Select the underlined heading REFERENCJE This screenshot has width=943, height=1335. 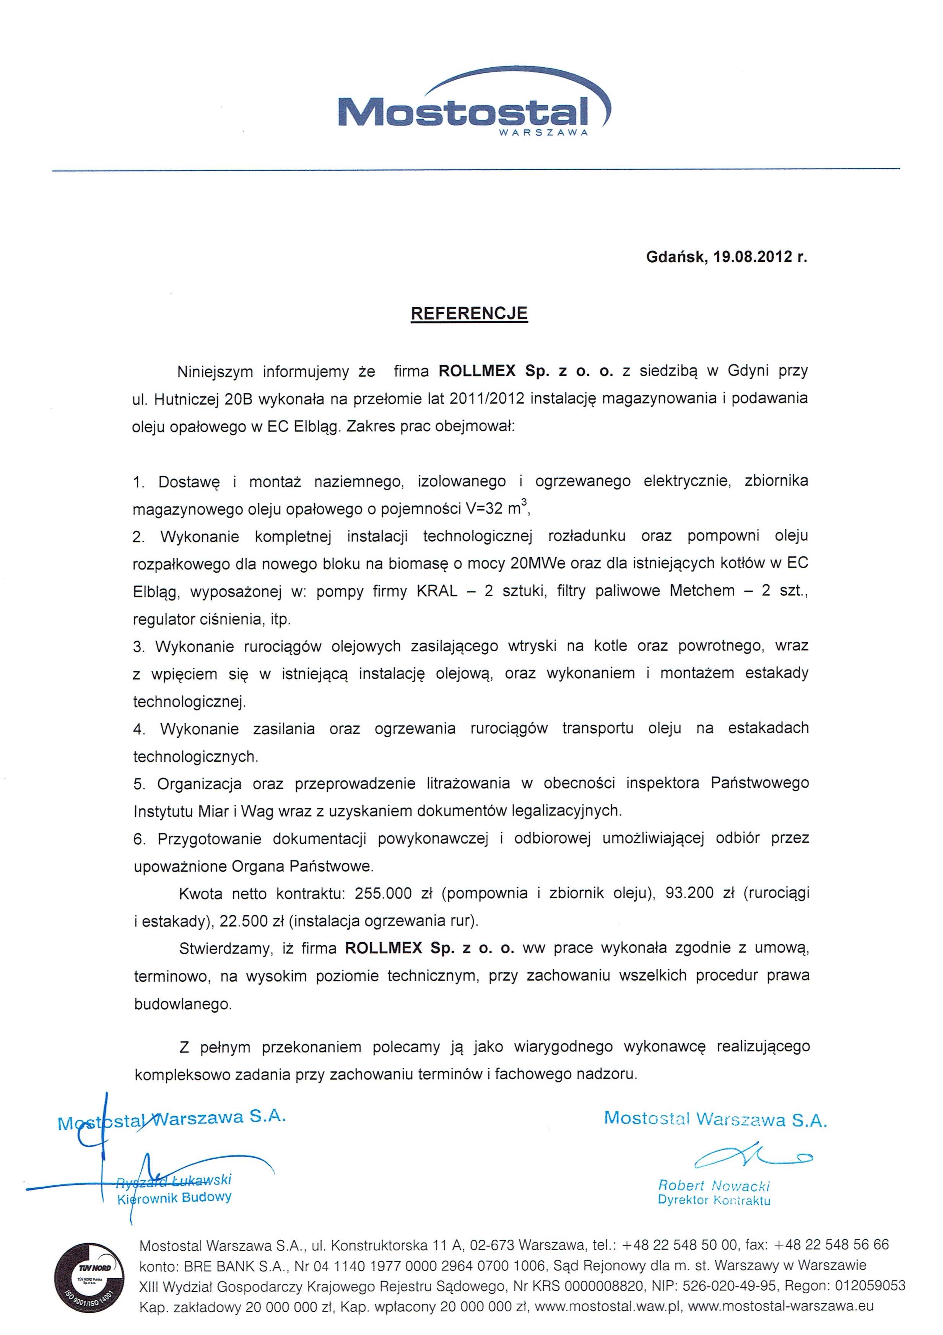(x=469, y=314)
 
